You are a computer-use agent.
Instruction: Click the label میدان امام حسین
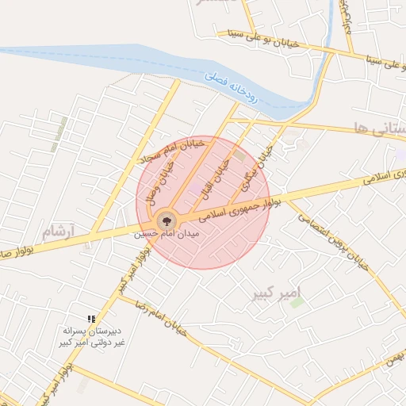click(166, 235)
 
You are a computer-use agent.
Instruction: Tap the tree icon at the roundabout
click(166, 220)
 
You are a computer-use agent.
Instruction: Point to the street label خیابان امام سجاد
click(172, 150)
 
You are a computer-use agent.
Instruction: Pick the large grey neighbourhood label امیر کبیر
click(276, 293)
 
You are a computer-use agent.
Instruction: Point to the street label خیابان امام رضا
click(158, 316)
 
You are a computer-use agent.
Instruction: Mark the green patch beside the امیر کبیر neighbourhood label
click(297, 302)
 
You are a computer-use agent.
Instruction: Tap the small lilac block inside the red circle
click(195, 188)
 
